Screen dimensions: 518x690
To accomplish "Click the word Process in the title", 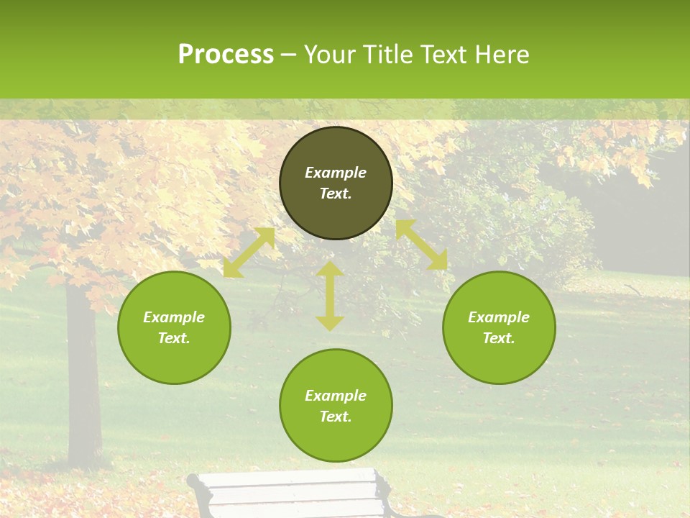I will click(226, 55).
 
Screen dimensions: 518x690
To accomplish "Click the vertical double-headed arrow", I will click(330, 296).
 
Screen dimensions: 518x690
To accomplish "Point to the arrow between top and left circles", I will click(249, 253).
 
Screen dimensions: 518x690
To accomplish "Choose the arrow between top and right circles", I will click(421, 245).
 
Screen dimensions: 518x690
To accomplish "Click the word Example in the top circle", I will click(336, 173).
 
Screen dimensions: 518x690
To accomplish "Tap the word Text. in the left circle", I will click(174, 338).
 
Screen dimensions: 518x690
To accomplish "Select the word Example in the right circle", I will click(499, 317).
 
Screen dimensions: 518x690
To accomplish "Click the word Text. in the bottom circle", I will click(336, 417).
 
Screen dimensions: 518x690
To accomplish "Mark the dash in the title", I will click(289, 55).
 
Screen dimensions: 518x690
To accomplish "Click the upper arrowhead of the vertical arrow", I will click(330, 269).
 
